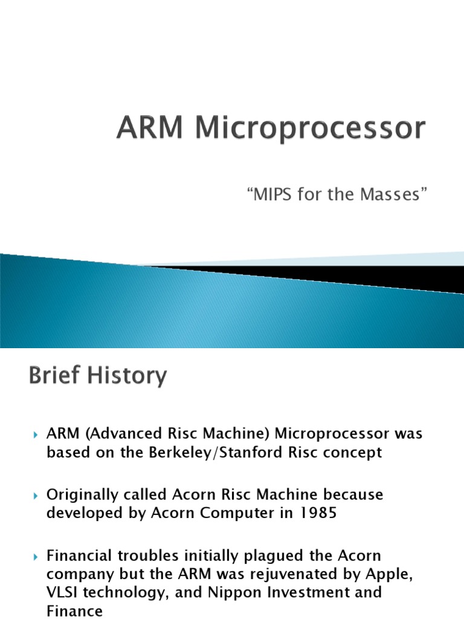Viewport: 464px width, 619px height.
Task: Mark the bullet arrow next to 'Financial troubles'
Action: [35, 556]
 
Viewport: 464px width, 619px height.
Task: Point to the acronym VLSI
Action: [63, 592]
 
